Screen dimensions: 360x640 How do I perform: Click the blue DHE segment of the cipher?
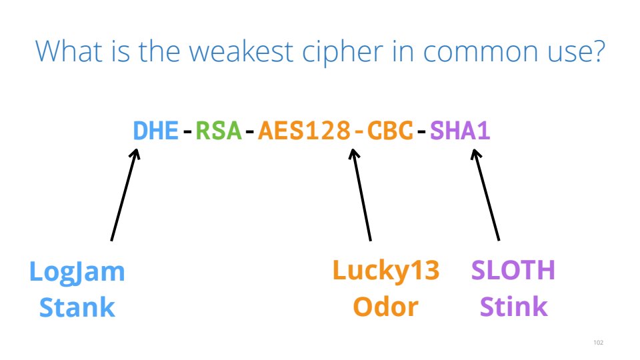156,131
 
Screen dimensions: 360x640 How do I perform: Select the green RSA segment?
219,131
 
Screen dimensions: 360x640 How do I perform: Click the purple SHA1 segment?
460,131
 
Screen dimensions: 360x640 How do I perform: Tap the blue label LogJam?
77,271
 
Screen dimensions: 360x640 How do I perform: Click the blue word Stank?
77,307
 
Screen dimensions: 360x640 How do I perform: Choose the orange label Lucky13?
386,271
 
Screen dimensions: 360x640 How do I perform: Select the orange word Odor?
386,307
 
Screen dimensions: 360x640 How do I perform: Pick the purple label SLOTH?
513,271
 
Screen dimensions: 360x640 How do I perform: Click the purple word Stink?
513,307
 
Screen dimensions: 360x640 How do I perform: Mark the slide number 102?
598,343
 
